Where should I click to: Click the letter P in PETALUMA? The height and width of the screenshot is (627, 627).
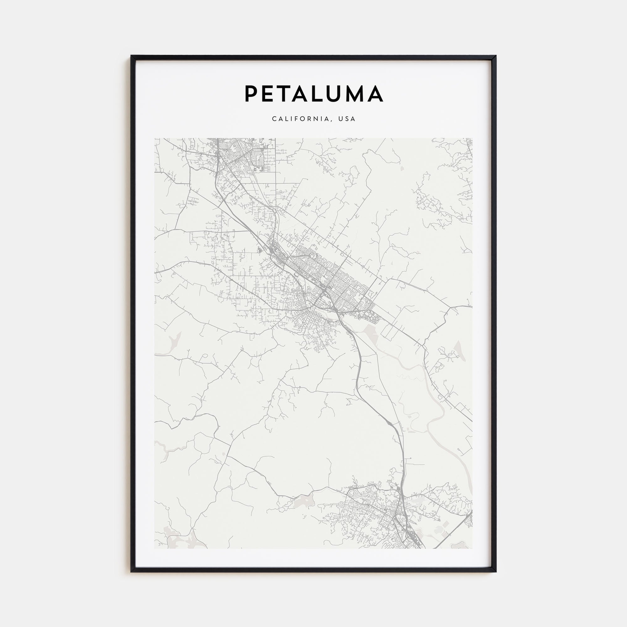251,94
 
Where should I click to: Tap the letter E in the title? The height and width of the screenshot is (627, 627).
269,94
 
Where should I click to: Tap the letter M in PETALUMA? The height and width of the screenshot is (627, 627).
359,94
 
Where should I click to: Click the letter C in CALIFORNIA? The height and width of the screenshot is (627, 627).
274,119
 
